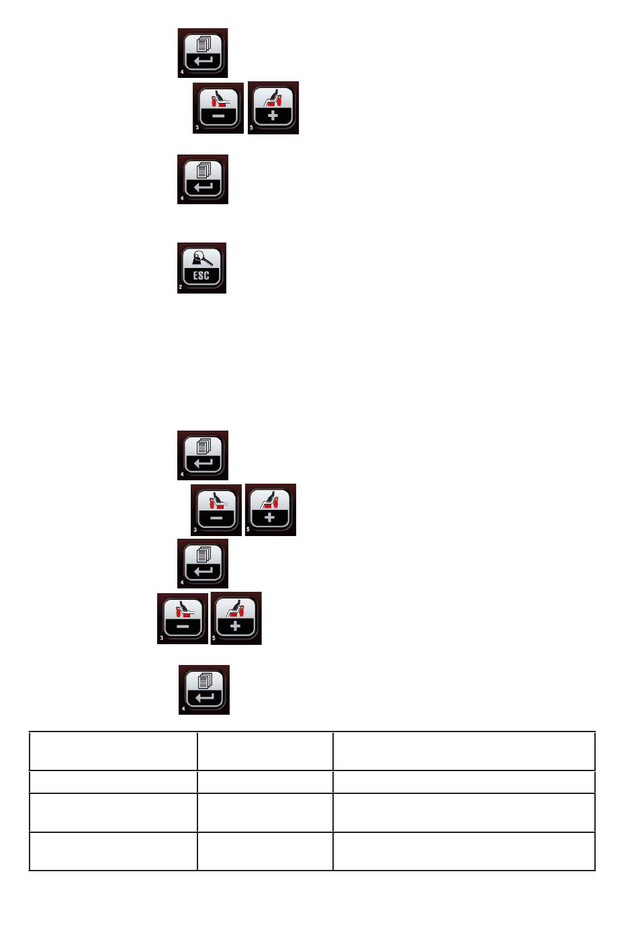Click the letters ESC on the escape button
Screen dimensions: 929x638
tap(201, 275)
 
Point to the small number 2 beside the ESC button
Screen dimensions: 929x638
tap(180, 287)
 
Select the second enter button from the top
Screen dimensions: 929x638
tap(203, 179)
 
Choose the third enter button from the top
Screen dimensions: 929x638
tap(203, 455)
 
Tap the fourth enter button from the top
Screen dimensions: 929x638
tap(203, 564)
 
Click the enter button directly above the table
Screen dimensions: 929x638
tap(204, 690)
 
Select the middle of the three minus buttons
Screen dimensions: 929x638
tap(216, 510)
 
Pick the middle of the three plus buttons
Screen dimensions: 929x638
tap(270, 510)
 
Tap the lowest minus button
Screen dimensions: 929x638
tap(183, 619)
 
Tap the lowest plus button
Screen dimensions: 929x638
tap(236, 619)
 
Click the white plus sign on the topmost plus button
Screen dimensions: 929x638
tap(273, 116)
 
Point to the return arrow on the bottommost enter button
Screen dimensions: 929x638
tap(204, 697)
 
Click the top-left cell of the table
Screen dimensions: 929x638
tap(113, 751)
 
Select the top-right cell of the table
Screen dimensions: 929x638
tap(463, 751)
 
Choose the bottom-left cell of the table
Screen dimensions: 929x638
tap(113, 851)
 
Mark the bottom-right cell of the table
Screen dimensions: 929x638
tap(463, 851)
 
